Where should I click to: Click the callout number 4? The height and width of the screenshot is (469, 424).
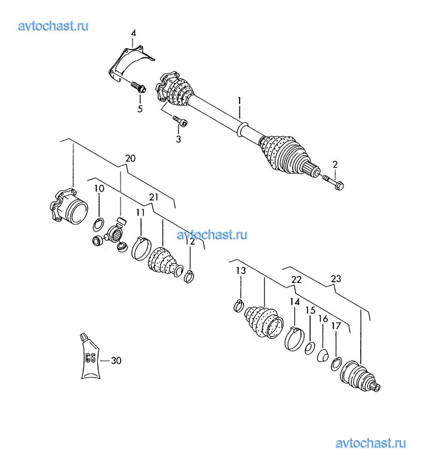pos(133,33)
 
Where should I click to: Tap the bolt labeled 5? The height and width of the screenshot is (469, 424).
pos(138,87)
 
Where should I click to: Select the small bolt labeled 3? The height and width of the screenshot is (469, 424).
pos(180,121)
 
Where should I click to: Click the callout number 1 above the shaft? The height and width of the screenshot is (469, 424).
pos(239,101)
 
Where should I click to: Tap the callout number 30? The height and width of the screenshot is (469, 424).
pos(116,361)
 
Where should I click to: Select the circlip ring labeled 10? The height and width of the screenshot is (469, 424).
pos(98,224)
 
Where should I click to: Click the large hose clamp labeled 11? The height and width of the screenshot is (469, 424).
pos(142,248)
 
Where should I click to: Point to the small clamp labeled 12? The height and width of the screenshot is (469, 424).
pos(189,276)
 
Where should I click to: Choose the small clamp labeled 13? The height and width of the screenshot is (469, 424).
pos(239,306)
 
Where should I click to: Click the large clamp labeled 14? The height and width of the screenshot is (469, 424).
pos(294,338)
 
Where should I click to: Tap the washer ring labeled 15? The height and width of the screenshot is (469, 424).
pos(309,348)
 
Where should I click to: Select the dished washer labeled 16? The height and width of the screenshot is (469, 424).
pos(323,356)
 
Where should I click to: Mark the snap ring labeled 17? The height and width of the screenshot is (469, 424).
pos(336,364)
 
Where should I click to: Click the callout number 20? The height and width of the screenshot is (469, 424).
pos(130,158)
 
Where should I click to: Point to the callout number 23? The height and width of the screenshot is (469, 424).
pos(336,279)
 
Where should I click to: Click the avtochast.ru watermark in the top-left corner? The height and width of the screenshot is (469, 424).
pos(53,26)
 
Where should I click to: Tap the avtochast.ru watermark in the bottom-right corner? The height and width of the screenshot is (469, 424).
pos(371,443)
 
